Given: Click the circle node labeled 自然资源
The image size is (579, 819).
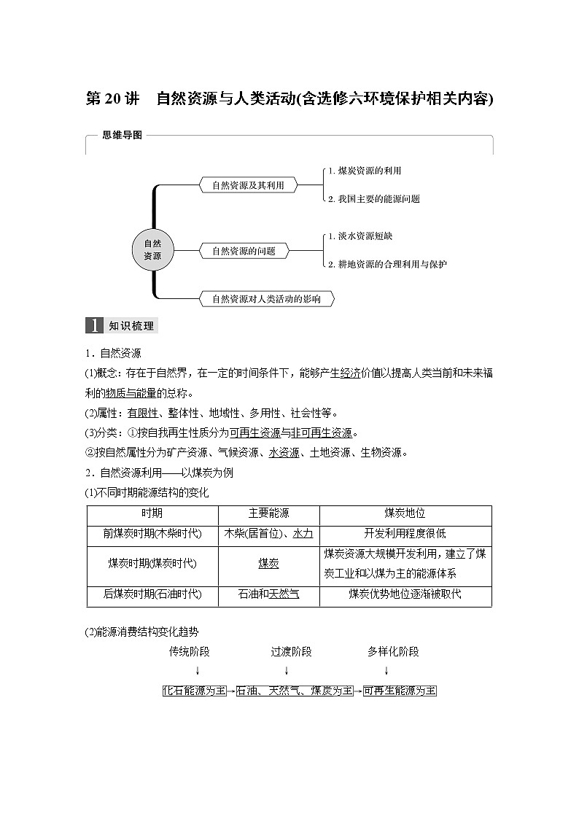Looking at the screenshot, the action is [x=152, y=250].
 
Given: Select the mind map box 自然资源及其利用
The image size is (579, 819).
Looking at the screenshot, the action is [x=244, y=185].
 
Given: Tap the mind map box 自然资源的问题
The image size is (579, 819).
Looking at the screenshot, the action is [x=244, y=251].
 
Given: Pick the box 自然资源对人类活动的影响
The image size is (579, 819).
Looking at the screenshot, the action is [x=266, y=298].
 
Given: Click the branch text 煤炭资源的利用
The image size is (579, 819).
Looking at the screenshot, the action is [x=365, y=171].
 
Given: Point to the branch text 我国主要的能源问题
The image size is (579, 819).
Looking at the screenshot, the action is [x=373, y=198].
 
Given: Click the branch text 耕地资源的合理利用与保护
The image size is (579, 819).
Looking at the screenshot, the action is [x=387, y=264].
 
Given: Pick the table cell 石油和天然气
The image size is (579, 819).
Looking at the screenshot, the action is [x=268, y=594].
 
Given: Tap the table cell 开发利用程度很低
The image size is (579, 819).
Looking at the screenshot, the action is [x=405, y=533].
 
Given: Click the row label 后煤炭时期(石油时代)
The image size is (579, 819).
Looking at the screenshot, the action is [x=152, y=594].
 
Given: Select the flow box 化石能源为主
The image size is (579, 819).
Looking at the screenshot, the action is [x=195, y=690].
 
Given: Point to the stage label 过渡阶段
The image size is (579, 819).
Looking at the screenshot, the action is [x=291, y=651].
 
